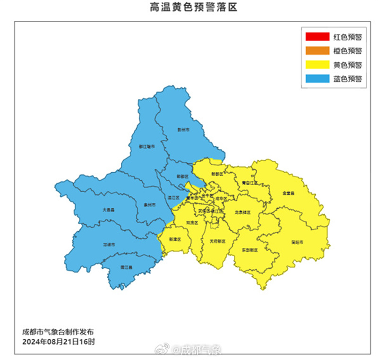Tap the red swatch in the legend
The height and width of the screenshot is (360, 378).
317,36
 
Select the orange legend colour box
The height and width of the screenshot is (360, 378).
317,51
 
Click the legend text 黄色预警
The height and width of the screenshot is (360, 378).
348,65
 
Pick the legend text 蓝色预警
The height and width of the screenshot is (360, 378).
348,79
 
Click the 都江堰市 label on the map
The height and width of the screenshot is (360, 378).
147,147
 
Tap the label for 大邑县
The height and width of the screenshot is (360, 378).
109,209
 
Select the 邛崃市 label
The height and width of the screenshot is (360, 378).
109,245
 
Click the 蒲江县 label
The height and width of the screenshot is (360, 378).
126,267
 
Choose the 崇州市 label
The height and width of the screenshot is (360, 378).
149,205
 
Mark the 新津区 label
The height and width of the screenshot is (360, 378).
175,239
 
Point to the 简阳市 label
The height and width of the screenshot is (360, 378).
297,242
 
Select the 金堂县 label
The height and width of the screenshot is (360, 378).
288,193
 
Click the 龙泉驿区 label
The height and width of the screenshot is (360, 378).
243,212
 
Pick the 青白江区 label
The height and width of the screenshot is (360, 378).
249,182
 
